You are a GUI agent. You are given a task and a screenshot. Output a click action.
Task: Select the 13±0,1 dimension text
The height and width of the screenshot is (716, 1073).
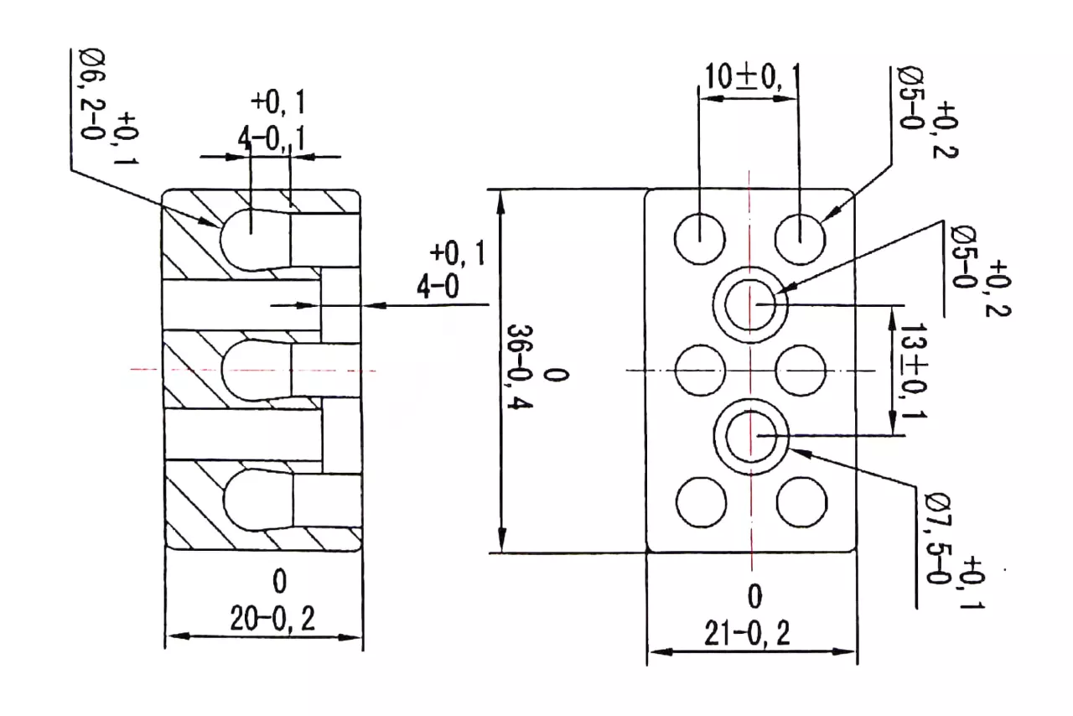tap(914, 371)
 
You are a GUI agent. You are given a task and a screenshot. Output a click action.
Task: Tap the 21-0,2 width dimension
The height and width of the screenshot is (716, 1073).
tap(747, 633)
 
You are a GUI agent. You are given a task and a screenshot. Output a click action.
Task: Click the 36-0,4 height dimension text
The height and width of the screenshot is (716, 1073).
tap(520, 367)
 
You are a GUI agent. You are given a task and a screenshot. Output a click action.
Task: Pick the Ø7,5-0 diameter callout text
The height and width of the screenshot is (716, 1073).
tap(938, 538)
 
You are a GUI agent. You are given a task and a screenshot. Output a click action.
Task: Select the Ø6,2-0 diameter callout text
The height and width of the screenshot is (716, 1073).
tap(93, 94)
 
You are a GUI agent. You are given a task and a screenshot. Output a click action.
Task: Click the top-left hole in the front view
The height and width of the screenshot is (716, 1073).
tap(700, 239)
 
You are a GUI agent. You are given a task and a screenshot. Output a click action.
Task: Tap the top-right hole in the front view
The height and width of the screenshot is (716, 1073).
tap(801, 239)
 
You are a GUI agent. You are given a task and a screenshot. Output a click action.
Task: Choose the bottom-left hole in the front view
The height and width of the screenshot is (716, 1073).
tap(702, 502)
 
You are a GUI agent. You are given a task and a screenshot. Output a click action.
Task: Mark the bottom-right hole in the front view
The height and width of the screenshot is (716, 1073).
tap(802, 502)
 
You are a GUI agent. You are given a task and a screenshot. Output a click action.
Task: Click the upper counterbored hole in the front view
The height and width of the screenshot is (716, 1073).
tap(750, 305)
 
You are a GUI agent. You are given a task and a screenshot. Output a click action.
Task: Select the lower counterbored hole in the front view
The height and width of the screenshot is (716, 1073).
tap(751, 437)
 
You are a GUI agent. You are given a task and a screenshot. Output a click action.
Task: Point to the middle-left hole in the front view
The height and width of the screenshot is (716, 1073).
tap(700, 371)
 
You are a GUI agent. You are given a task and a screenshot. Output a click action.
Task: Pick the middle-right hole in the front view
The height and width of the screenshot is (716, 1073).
tap(801, 371)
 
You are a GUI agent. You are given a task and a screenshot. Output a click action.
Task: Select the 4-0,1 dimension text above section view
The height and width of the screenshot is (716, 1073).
tap(272, 139)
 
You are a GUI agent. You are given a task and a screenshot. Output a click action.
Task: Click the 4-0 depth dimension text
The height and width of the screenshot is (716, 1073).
tap(438, 287)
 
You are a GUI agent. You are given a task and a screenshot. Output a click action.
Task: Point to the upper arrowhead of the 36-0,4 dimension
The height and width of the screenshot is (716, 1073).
tap(500, 202)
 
